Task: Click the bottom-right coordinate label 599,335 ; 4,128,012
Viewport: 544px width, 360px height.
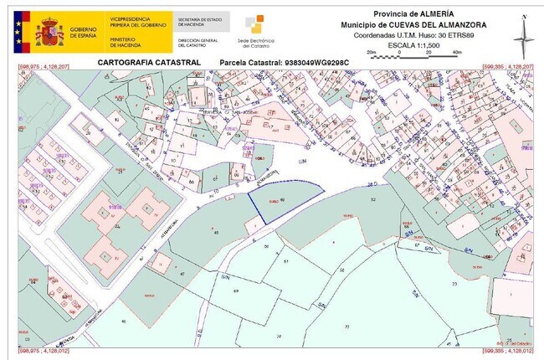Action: click(x=506, y=346)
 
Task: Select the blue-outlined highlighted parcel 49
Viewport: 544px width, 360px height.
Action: click(x=285, y=201)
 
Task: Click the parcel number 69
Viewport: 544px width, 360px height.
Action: click(x=236, y=290)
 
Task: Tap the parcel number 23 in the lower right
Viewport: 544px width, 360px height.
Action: click(x=454, y=285)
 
